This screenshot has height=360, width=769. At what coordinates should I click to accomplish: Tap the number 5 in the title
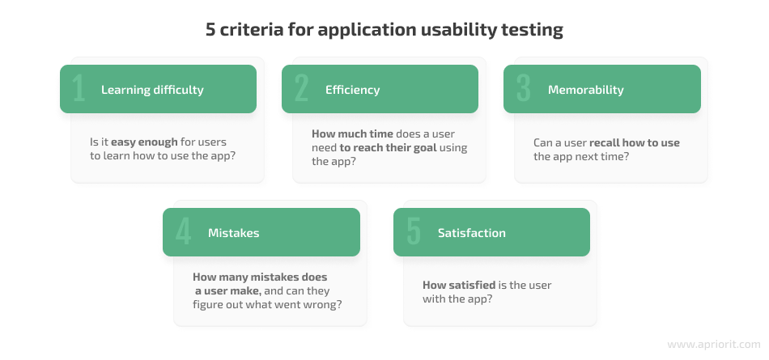tap(210, 29)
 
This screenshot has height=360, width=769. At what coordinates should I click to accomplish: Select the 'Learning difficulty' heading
tap(152, 90)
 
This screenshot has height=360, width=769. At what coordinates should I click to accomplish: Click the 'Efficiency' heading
tap(353, 90)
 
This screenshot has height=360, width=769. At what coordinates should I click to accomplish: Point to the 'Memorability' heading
tap(585, 90)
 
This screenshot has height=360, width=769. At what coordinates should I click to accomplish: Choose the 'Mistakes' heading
tap(233, 233)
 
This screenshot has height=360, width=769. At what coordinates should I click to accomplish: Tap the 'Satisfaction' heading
tap(472, 233)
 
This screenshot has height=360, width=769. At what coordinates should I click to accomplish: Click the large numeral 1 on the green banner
tap(79, 88)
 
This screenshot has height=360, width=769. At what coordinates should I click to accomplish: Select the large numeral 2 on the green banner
tap(301, 88)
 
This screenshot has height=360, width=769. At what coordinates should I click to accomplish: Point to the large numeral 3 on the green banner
tap(523, 88)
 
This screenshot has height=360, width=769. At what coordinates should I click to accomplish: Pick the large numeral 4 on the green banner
tap(183, 231)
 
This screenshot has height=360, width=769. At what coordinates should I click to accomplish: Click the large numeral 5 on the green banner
tap(414, 231)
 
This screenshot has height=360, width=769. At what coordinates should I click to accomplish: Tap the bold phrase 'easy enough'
tap(144, 142)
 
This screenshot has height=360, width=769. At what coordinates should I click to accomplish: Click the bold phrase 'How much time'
tap(353, 134)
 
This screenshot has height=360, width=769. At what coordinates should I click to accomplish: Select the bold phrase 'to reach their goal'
tap(388, 147)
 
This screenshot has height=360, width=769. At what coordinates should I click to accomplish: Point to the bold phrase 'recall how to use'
tap(635, 142)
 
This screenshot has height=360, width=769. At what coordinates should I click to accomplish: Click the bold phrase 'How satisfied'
tap(459, 285)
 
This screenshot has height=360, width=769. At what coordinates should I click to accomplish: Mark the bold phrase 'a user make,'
tap(228, 291)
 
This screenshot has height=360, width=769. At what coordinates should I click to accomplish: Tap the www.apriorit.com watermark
tap(714, 345)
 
